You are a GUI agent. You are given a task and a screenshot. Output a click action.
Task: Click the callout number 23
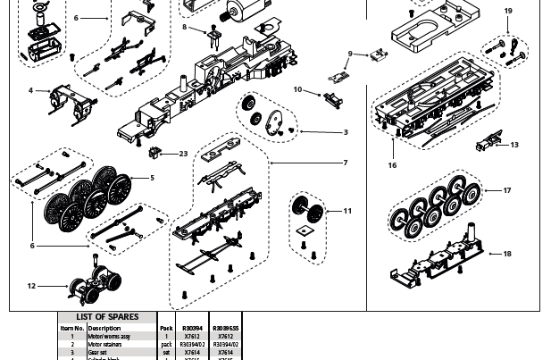183,154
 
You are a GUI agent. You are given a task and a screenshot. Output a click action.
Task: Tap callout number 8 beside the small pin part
185,28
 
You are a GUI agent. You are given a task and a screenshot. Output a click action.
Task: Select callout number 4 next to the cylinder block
31,90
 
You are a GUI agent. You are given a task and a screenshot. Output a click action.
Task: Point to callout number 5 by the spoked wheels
152,178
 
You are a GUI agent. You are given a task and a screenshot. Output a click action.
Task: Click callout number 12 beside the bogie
31,287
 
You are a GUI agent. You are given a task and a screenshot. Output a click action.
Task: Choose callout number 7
345,163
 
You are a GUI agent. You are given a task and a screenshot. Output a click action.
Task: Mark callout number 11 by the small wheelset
347,212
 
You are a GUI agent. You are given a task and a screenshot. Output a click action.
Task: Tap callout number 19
508,12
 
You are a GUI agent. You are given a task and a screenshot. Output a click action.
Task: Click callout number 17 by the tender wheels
506,190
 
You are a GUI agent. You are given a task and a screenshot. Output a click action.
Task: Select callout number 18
506,254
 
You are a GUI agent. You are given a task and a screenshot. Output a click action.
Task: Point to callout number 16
392,165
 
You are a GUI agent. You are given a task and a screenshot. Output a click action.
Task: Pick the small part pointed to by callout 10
334,96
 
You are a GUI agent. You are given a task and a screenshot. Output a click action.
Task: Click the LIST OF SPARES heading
107,317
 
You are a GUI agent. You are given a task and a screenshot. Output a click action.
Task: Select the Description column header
104,328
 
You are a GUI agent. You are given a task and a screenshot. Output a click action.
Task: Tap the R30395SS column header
225,328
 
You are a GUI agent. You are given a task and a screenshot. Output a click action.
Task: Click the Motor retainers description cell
105,345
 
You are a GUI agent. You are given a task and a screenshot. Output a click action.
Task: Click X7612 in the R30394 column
192,337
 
